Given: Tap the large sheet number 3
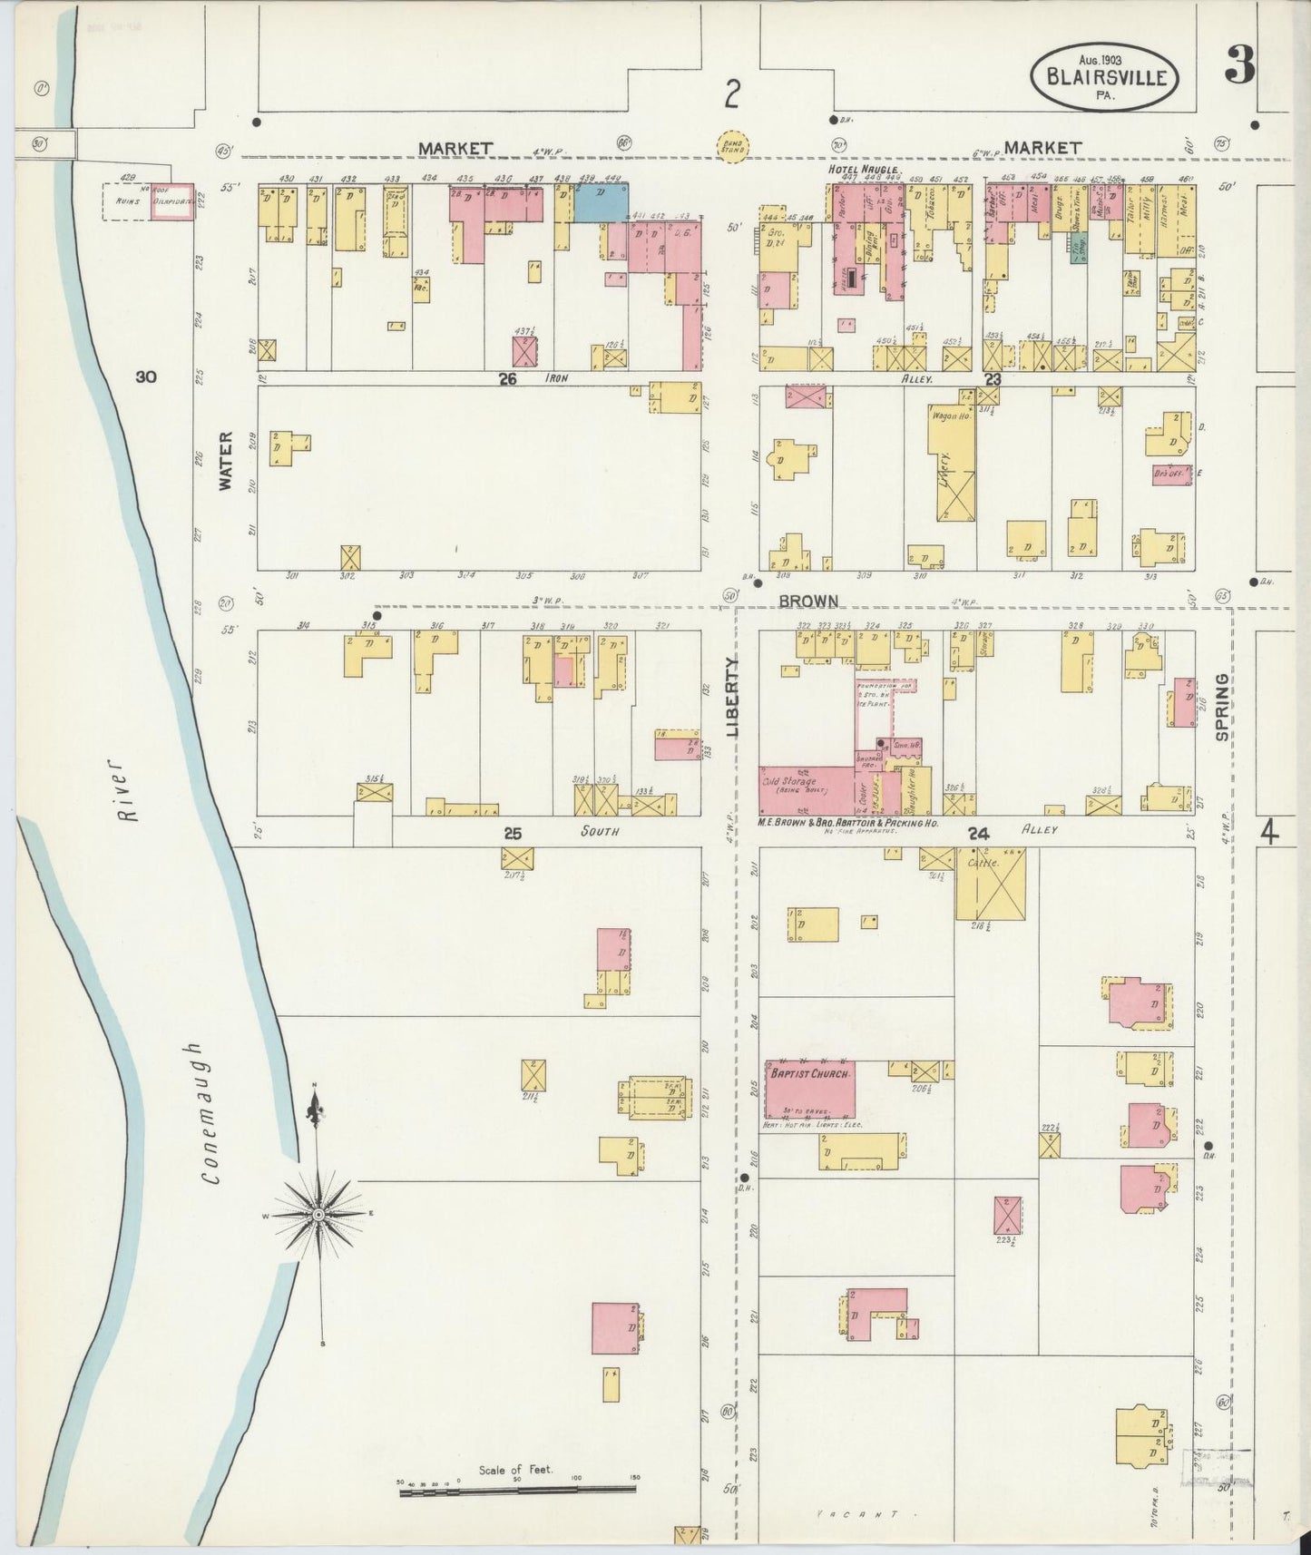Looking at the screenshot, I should click(1239, 64).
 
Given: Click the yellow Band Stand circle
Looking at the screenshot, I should click(733, 146).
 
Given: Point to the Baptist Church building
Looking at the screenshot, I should click(809, 1089).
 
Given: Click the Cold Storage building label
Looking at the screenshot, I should click(789, 782).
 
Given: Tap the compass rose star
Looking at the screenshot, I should click(318, 1213).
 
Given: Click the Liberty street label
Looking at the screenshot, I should click(733, 697).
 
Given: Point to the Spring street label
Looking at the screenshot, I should click(1222, 706).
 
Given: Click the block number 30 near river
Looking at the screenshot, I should click(146, 377).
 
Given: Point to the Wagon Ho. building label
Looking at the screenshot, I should click(951, 416).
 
